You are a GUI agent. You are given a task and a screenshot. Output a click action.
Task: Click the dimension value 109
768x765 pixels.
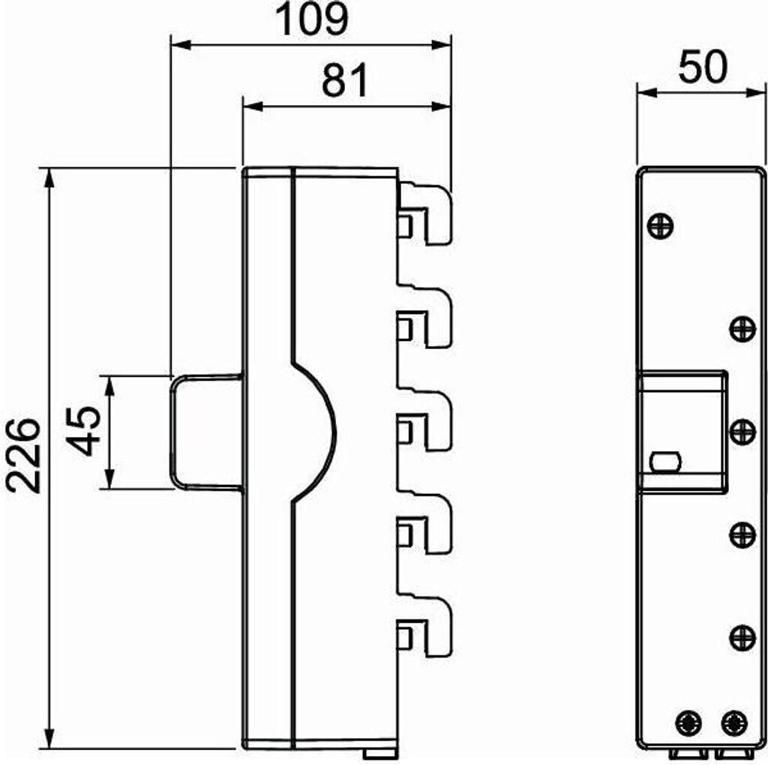pyautogui.click(x=312, y=19)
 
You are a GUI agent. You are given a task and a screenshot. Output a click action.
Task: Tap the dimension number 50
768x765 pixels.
pyautogui.click(x=703, y=67)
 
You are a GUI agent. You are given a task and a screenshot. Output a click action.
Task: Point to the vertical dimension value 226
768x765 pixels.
pyautogui.click(x=23, y=455)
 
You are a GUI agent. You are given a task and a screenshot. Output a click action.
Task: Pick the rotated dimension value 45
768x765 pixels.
pyautogui.click(x=83, y=431)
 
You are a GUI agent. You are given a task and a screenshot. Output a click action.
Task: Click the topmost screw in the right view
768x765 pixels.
pyautogui.click(x=660, y=226)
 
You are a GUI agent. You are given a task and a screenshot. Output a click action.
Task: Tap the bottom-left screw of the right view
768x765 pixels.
pyautogui.click(x=688, y=723)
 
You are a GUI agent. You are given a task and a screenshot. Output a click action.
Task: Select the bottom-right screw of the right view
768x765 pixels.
pyautogui.click(x=734, y=723)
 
